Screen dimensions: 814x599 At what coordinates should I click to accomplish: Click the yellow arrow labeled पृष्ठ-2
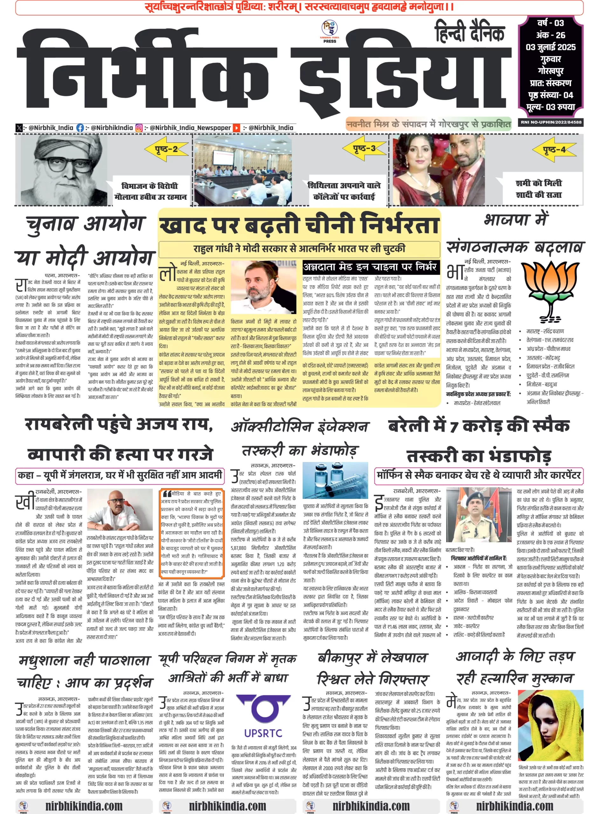(x=166, y=149)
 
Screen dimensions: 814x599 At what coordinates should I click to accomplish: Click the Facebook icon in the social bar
(x=80, y=128)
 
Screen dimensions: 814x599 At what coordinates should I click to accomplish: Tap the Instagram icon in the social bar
(x=139, y=128)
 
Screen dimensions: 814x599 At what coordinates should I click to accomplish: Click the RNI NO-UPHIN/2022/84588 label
(x=551, y=122)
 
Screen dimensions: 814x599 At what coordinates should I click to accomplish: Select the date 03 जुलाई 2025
(x=550, y=47)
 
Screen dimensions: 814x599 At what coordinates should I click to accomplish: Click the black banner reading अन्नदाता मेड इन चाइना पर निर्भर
(x=371, y=267)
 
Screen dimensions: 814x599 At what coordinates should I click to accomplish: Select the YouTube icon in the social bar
(x=236, y=128)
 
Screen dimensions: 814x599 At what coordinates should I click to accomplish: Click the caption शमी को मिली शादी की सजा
(x=539, y=189)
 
